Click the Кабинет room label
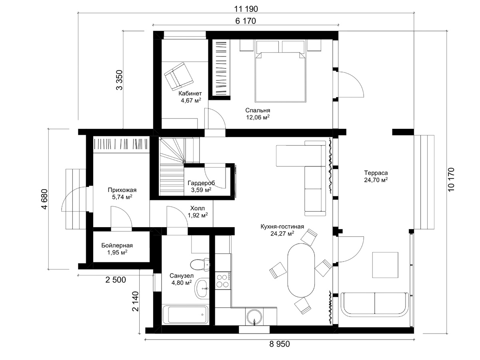tap(190, 97)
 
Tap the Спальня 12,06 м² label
tap(258, 114)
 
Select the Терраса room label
tap(376, 176)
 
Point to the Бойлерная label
tap(117, 249)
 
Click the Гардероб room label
tap(201, 186)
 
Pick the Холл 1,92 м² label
tap(198, 212)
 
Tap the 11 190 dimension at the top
tap(246, 9)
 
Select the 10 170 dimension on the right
tap(451, 180)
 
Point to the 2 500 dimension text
tap(116, 280)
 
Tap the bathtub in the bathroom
tap(185, 315)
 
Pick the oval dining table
tap(301, 270)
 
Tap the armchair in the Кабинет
tap(179, 76)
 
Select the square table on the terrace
tap(385, 265)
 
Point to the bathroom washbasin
tap(202, 288)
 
